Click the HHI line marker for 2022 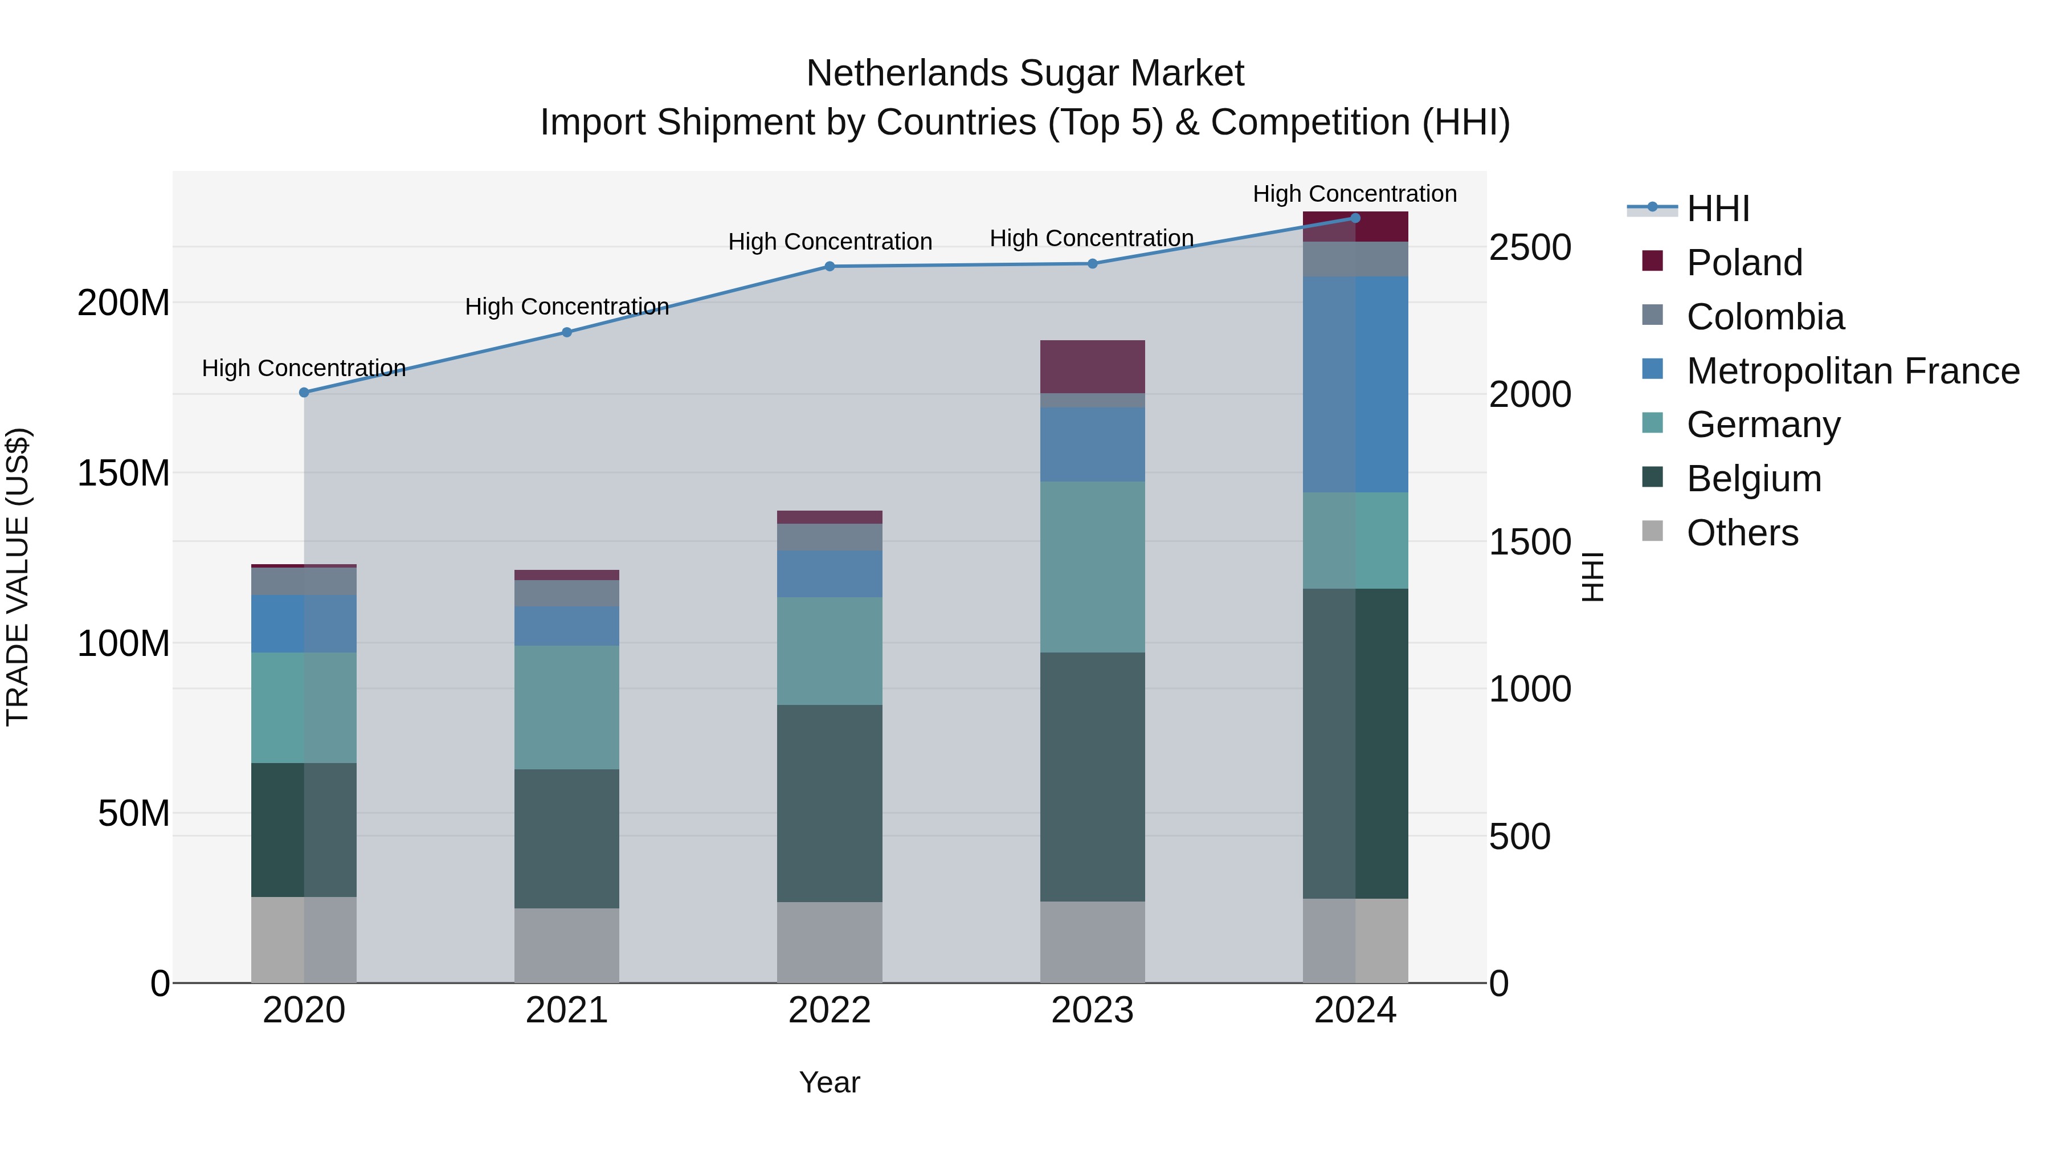coord(830,266)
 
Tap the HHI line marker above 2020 coord(304,392)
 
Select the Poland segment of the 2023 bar coord(1092,366)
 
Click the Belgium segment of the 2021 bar coord(567,839)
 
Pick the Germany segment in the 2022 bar coord(830,651)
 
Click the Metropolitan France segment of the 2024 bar coord(1355,384)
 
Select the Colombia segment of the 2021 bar coord(567,593)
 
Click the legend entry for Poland coord(1744,263)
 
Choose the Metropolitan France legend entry coord(1852,371)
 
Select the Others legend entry coord(1742,533)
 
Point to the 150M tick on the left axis coord(124,473)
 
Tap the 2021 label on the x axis coord(567,1010)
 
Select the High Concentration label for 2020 coord(304,368)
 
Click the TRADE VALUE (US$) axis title coord(18,577)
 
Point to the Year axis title coord(830,1082)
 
